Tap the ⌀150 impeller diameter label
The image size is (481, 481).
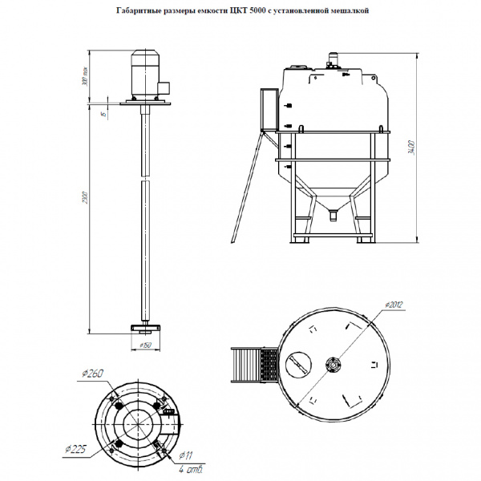click(x=146, y=346)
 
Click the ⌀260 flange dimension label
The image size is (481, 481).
click(x=93, y=373)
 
